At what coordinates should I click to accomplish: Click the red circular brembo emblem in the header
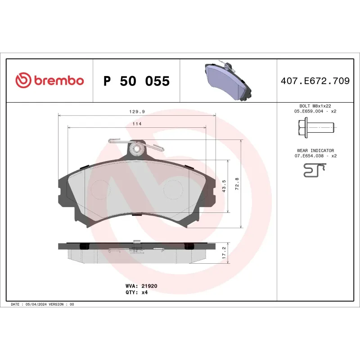[23, 81]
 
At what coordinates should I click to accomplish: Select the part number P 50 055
[136, 81]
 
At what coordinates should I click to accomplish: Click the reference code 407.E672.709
[315, 81]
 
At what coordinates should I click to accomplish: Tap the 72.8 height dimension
[237, 184]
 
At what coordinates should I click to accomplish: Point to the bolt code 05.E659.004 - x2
[315, 111]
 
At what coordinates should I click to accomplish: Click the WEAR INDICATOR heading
[315, 150]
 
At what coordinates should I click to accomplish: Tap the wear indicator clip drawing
[314, 170]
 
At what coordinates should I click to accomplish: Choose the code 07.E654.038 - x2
[315, 156]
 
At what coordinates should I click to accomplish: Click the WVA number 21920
[149, 286]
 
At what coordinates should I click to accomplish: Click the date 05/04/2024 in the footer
[37, 305]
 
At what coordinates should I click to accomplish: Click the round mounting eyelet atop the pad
[136, 148]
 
